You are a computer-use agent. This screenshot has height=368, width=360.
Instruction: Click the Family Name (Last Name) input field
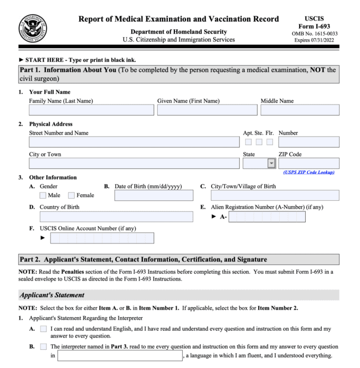pos(91,110)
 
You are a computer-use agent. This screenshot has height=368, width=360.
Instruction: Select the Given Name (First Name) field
pos(207,110)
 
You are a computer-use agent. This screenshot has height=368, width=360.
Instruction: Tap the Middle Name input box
pos(300,110)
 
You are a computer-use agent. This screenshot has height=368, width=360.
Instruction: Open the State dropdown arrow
pos(271,163)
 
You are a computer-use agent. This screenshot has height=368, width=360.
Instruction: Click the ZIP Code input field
pos(309,163)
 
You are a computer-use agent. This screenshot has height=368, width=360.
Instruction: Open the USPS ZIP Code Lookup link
pos(309,172)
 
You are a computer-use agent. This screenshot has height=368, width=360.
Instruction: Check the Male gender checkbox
pos(43,195)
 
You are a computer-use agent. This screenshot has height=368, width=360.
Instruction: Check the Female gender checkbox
pos(71,195)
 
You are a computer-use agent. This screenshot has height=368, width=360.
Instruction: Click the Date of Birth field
pos(154,195)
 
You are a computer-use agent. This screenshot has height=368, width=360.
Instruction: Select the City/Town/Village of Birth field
pos(275,195)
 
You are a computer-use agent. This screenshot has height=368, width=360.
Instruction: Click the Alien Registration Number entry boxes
pos(266,216)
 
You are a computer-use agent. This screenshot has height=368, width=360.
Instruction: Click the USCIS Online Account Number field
pos(102,238)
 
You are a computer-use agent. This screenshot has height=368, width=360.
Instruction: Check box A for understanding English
pos(43,329)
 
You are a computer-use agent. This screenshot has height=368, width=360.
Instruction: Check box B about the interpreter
pos(43,347)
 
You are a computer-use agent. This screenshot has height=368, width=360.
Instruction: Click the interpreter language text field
pos(120,356)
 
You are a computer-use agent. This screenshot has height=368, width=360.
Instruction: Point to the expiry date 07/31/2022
pos(325,40)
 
